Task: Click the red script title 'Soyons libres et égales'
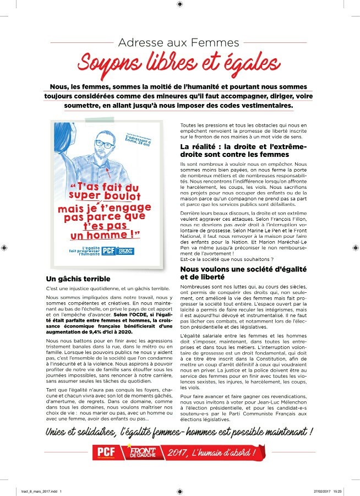point(179,62)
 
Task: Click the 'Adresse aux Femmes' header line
point(179,42)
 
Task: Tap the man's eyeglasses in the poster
point(103,144)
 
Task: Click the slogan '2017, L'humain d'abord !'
point(212,453)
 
